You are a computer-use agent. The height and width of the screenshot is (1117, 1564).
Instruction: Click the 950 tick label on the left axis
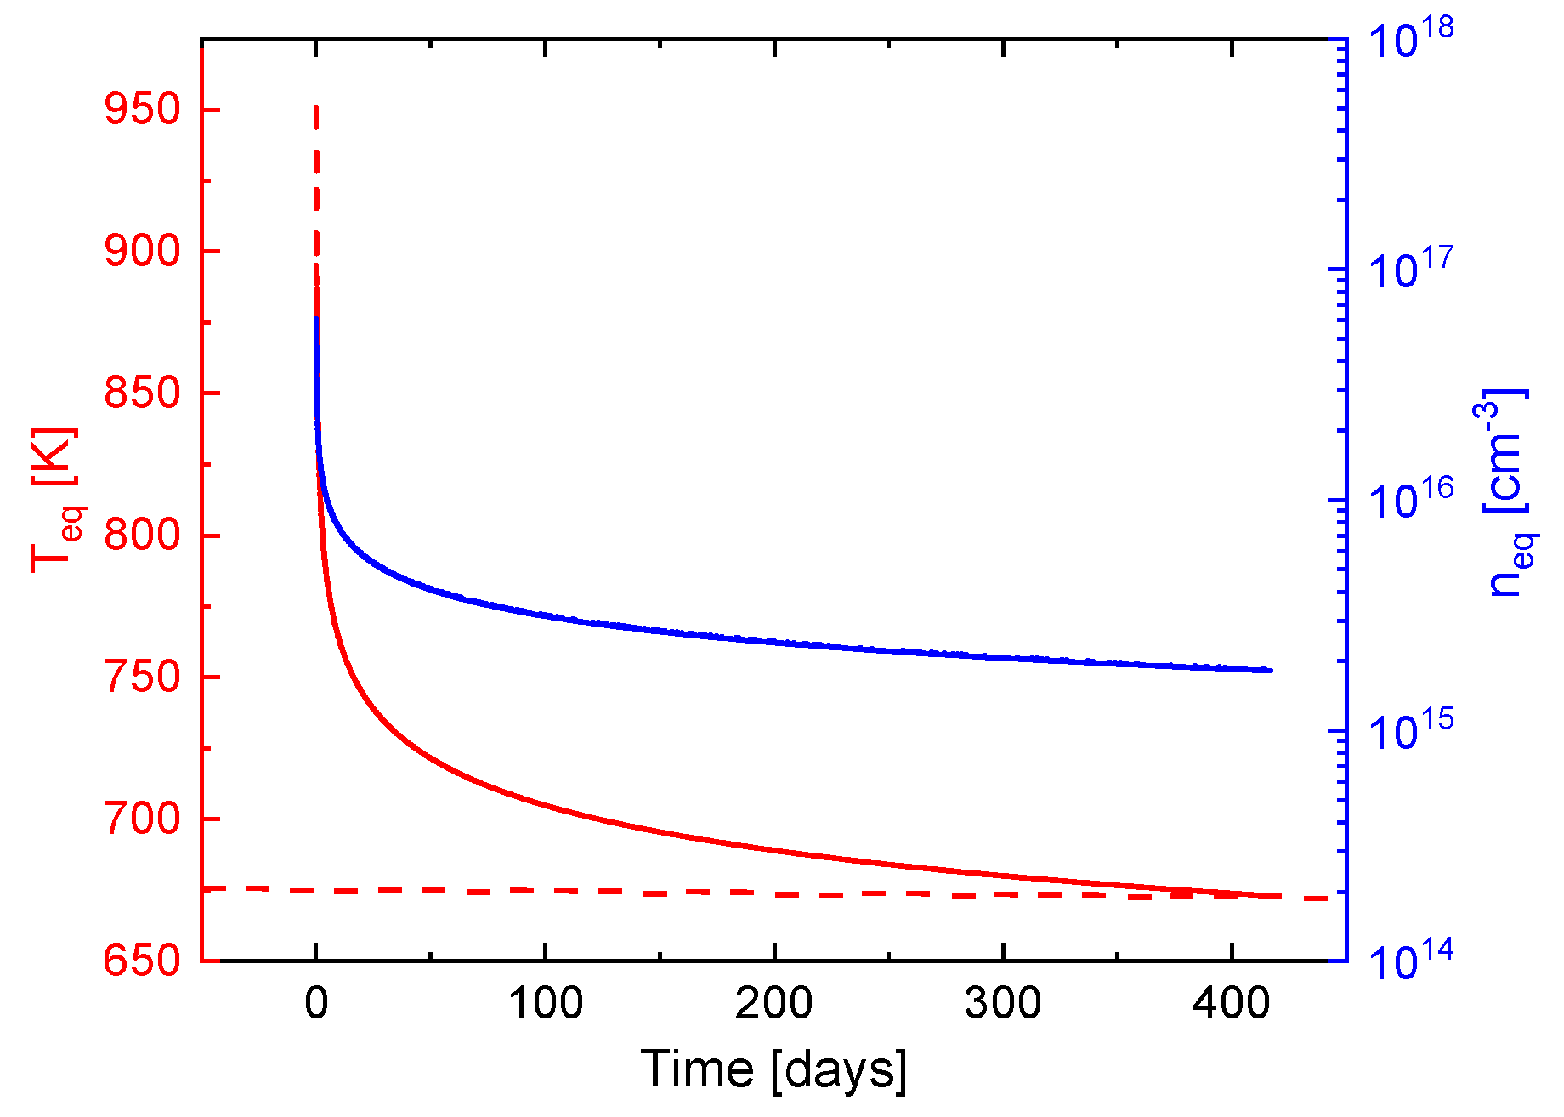point(142,110)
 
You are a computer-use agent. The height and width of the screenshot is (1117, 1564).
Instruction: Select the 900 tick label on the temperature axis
point(142,252)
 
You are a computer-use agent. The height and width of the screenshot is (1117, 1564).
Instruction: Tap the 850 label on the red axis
point(142,394)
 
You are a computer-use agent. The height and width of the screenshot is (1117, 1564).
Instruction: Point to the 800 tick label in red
point(142,536)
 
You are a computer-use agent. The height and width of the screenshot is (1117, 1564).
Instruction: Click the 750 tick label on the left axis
point(142,678)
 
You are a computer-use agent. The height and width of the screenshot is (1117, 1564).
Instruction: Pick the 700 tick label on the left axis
point(142,819)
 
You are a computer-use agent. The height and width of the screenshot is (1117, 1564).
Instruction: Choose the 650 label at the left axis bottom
point(142,961)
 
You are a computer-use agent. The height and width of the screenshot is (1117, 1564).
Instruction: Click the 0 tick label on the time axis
point(316,1004)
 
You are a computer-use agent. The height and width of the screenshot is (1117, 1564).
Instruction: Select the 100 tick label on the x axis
point(545,1004)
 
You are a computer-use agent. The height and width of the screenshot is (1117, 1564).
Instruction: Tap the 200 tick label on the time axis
point(773,1004)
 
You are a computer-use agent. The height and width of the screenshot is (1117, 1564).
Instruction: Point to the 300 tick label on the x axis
point(1003,1004)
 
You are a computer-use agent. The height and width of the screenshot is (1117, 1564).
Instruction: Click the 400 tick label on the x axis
point(1232,1004)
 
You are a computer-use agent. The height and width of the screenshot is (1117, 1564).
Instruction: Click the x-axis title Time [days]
point(773,1069)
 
